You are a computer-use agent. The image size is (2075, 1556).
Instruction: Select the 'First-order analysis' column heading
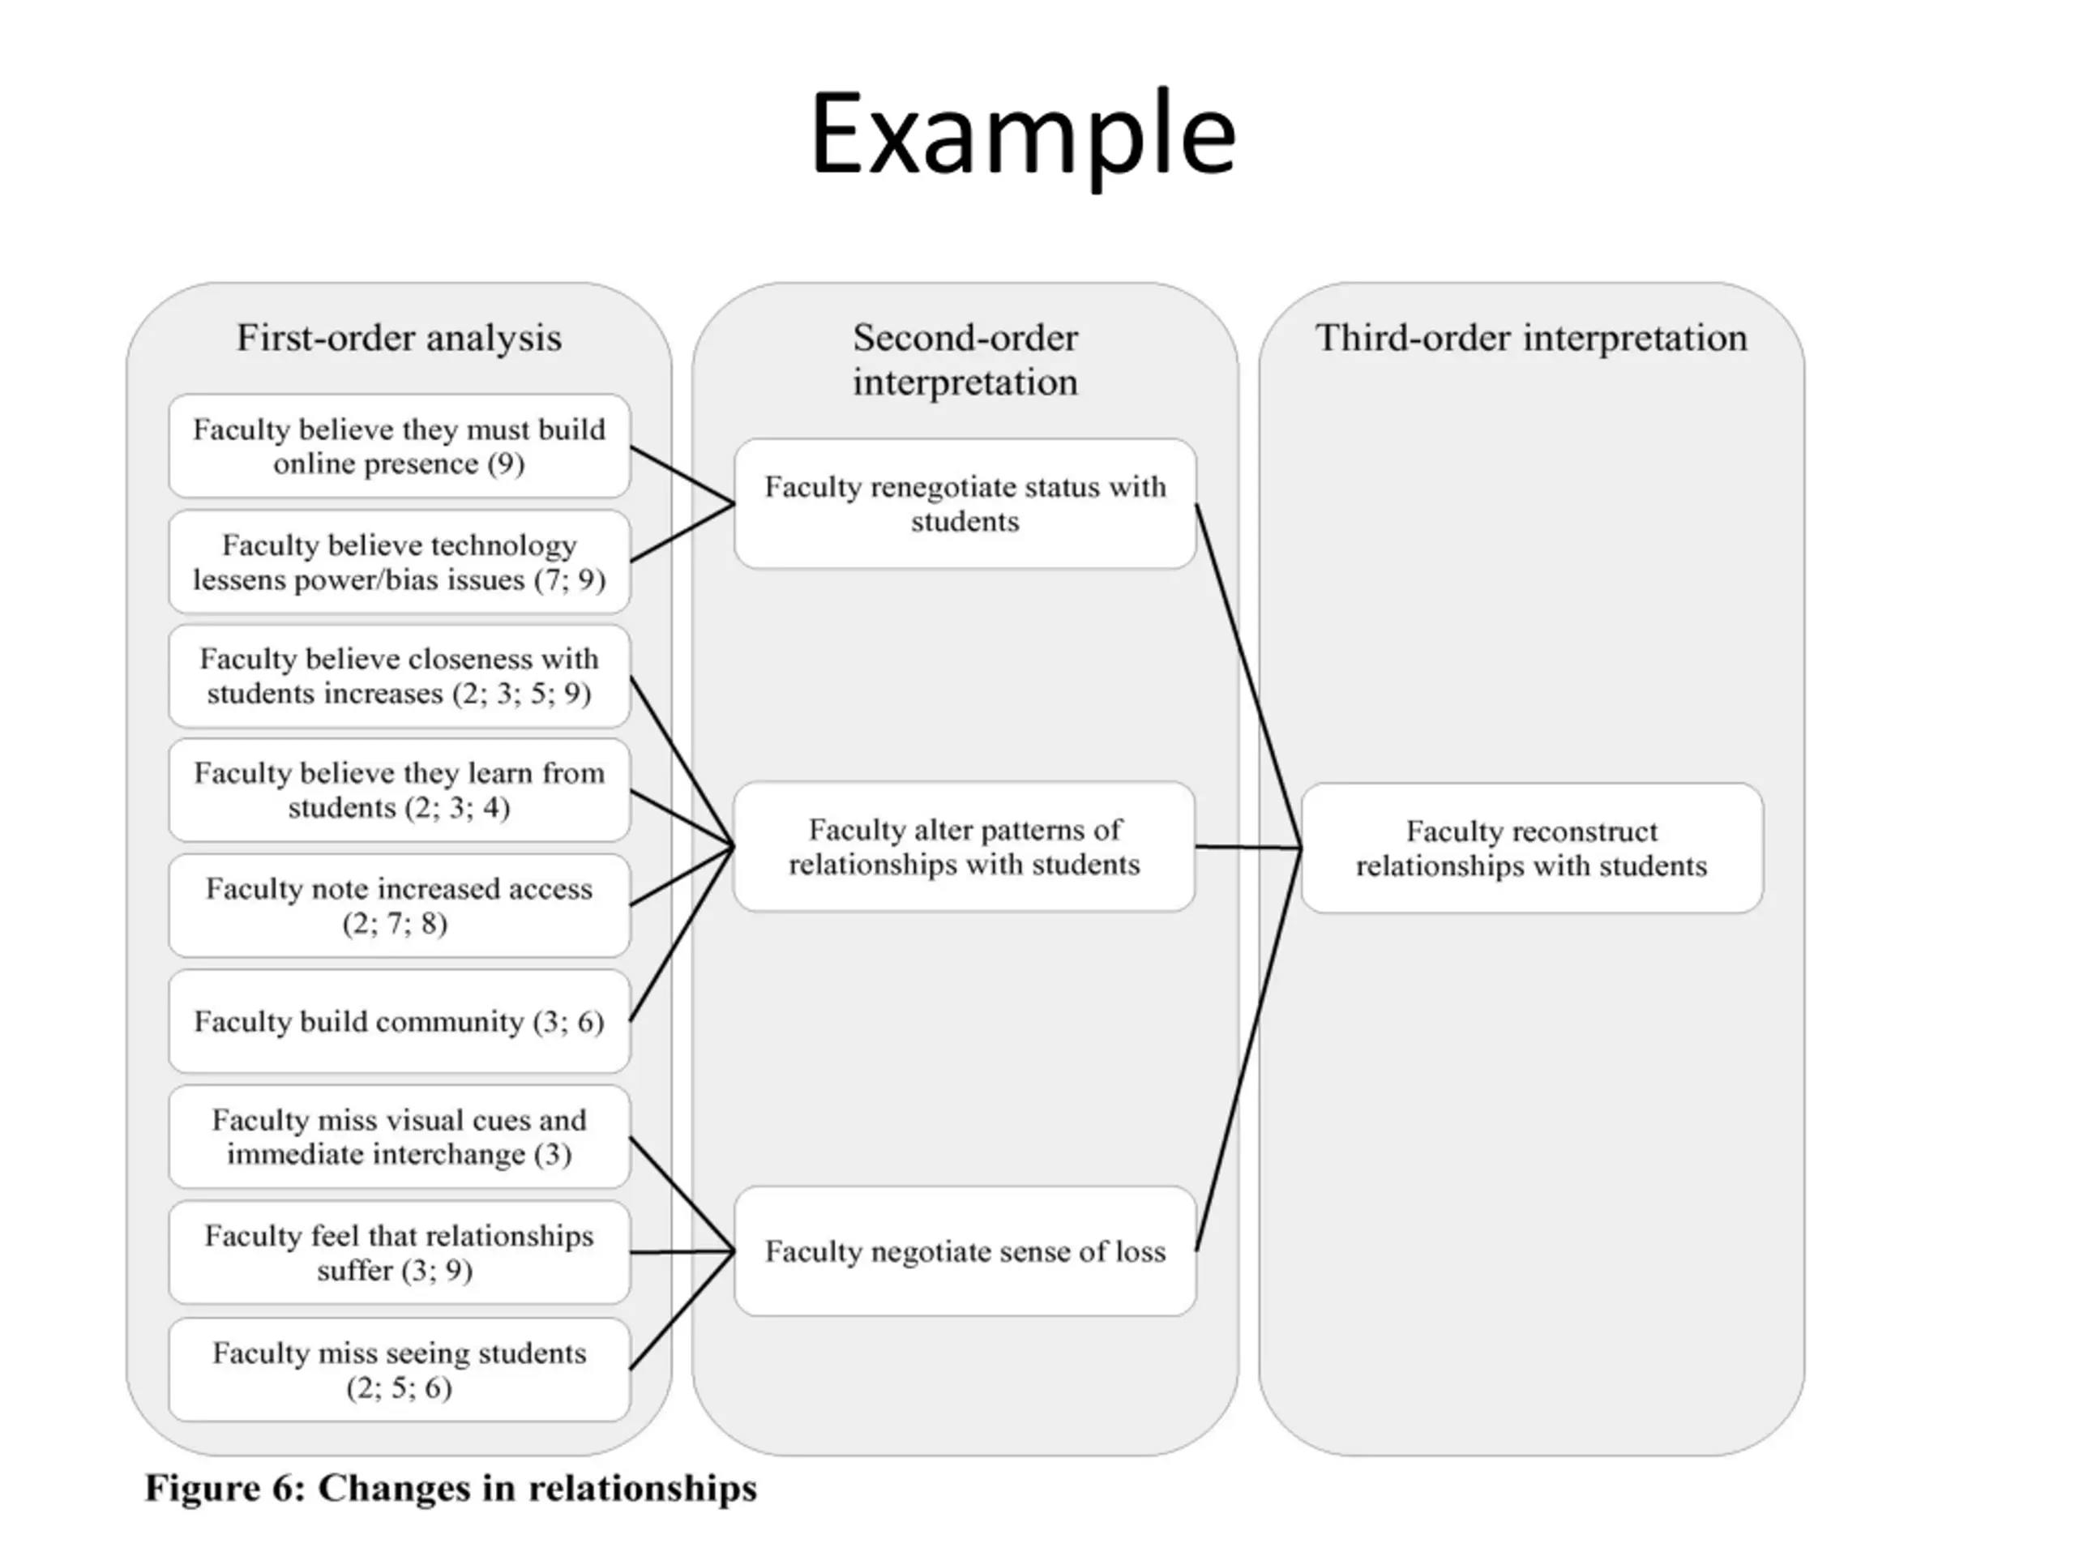click(399, 339)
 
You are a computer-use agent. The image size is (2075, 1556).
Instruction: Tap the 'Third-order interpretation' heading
click(1531, 339)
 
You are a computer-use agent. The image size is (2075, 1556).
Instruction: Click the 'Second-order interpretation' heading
click(965, 360)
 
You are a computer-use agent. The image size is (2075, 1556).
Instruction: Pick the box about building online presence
click(400, 447)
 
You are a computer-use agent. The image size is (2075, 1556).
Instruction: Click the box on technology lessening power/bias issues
click(400, 562)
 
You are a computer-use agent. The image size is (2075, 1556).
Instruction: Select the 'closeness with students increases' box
click(400, 676)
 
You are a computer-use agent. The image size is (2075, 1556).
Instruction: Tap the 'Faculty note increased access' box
click(400, 906)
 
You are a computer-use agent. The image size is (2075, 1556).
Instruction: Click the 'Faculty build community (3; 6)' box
click(400, 1021)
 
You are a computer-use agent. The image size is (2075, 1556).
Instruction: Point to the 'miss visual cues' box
click(400, 1137)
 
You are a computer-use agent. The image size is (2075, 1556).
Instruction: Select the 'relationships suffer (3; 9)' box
click(400, 1253)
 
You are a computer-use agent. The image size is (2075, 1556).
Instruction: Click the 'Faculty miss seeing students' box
click(400, 1370)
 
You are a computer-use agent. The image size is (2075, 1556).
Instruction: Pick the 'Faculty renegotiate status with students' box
click(965, 503)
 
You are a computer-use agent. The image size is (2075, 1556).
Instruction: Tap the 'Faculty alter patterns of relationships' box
click(965, 847)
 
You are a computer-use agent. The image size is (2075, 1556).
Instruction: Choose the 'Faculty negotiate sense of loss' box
click(965, 1251)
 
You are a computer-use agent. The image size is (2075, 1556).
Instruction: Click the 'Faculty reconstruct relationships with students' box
click(1532, 848)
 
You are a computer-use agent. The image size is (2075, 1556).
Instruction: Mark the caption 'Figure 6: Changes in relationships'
click(451, 1490)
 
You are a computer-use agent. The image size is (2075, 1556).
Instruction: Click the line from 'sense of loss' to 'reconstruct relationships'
click(1248, 1049)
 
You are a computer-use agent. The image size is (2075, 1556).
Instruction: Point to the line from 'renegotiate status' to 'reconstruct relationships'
click(1248, 675)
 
